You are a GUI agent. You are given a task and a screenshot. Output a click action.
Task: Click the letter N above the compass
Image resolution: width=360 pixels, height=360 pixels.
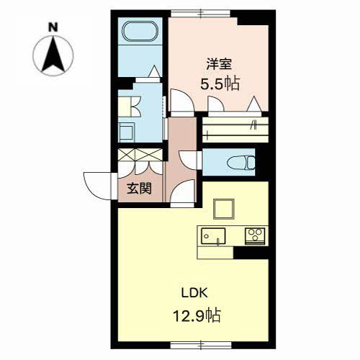53,27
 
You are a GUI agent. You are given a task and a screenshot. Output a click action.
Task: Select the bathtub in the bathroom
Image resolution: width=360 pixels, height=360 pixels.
140,32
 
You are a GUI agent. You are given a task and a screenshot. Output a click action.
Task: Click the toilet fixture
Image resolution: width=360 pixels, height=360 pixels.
241,163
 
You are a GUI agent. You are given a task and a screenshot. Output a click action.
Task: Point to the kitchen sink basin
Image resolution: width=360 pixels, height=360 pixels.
213,236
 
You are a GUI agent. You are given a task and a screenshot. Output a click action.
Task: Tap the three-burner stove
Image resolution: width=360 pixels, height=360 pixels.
255,236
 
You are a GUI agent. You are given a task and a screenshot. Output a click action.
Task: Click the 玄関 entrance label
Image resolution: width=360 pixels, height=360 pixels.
139,189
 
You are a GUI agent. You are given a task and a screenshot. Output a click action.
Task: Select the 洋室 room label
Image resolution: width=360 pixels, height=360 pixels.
219,64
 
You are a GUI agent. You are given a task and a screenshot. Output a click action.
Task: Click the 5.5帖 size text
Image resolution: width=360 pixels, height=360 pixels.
220,84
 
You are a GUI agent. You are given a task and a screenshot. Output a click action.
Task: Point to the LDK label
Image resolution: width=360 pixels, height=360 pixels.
194,293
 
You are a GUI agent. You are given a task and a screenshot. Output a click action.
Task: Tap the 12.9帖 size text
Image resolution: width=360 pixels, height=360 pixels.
197,315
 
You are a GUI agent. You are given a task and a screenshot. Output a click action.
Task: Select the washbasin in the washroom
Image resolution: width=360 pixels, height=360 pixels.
126,132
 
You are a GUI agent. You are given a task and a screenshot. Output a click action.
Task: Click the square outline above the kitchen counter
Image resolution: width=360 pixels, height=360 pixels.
224,209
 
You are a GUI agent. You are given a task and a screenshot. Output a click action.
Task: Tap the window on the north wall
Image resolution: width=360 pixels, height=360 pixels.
200,13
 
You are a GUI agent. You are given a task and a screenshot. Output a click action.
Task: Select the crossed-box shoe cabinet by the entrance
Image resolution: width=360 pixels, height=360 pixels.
140,155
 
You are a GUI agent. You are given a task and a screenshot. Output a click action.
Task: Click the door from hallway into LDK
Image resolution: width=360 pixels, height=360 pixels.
181,192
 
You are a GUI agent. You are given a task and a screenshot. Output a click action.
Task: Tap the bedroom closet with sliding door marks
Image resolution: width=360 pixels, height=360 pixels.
235,130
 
